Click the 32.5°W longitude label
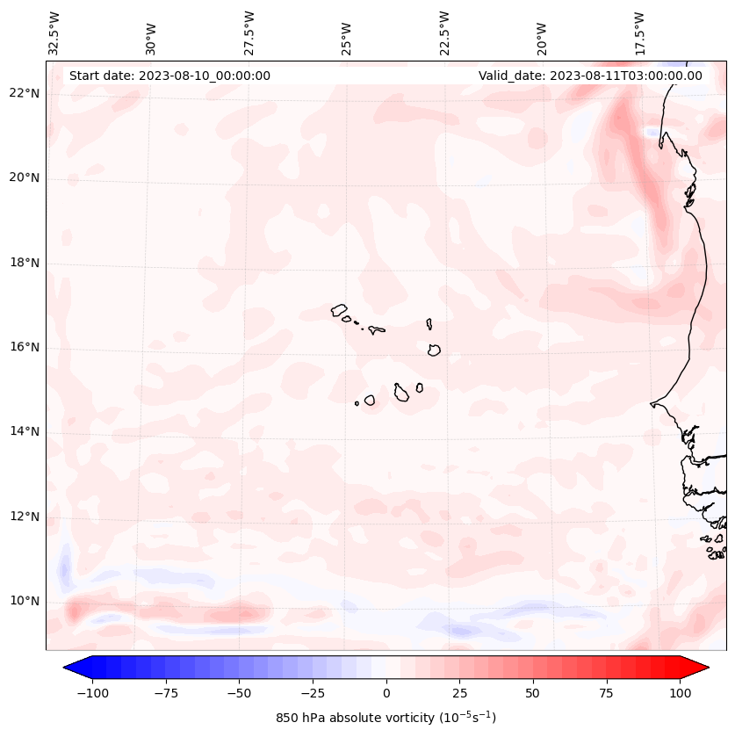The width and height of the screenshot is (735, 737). (x=54, y=33)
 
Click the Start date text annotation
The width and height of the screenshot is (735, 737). (x=169, y=76)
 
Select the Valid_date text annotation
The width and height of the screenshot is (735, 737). (x=590, y=76)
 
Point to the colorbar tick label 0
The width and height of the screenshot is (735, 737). (x=386, y=693)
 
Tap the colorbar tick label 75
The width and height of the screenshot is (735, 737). (x=607, y=693)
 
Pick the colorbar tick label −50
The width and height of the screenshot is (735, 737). (x=240, y=693)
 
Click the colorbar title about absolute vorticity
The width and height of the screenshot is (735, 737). (x=386, y=718)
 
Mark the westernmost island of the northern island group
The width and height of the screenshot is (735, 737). (x=339, y=309)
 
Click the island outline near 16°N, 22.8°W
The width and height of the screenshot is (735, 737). (x=434, y=350)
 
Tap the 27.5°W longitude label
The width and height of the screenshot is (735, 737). (x=249, y=33)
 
